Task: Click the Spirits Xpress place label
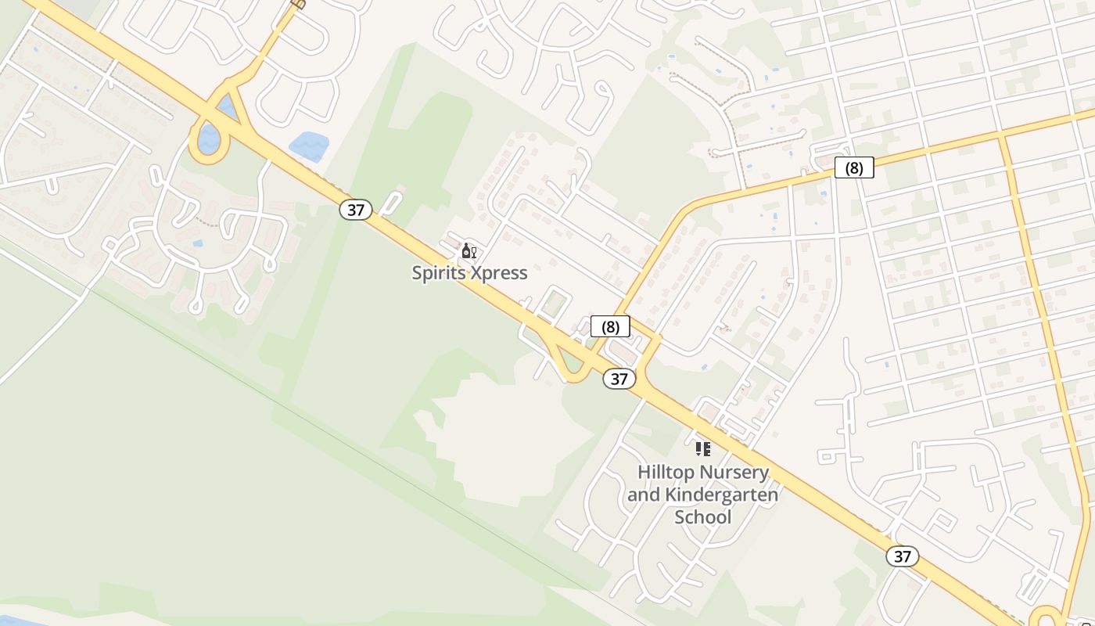[469, 273]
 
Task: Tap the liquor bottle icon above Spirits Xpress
[469, 251]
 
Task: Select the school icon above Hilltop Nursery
[702, 449]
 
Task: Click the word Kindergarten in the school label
[721, 495]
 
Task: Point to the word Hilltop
[666, 473]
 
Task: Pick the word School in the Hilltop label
[702, 517]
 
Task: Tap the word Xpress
[497, 273]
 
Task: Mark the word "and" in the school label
[643, 495]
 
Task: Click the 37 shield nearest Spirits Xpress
[356, 210]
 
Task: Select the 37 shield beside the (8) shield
[619, 379]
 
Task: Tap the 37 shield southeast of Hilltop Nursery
[902, 556]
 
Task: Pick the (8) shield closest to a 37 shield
[610, 326]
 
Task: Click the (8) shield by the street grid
[853, 167]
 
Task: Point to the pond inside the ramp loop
[208, 139]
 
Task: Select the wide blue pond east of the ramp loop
[309, 147]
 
